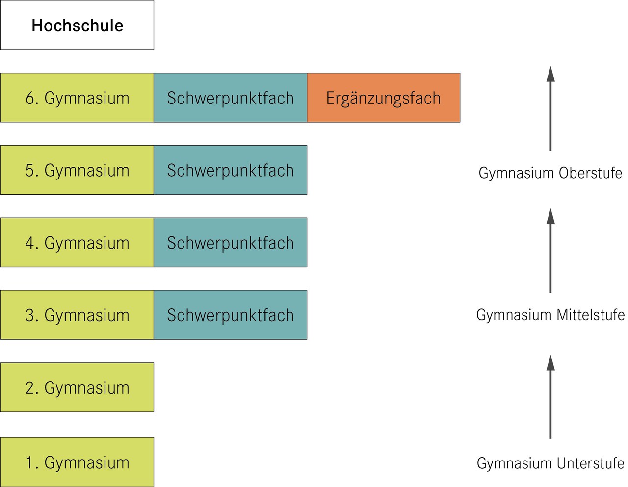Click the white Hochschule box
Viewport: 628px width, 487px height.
point(77,25)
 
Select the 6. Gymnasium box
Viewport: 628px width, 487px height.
point(77,98)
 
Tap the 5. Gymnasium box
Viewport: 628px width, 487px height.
point(77,170)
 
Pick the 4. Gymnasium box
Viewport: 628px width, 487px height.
point(77,243)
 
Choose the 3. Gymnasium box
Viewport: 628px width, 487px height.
point(77,315)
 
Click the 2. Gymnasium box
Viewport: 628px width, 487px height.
point(77,387)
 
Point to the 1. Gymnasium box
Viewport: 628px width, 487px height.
point(77,462)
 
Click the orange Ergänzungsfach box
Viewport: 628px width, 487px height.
point(383,98)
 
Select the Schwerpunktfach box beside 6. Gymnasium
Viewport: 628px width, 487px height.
point(230,98)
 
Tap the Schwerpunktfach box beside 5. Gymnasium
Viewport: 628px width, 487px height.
point(230,170)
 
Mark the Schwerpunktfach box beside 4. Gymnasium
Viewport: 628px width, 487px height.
point(230,243)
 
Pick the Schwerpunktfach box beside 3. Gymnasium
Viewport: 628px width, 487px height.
point(230,315)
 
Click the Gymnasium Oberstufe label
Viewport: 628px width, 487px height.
point(550,173)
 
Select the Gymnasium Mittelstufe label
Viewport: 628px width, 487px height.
point(550,314)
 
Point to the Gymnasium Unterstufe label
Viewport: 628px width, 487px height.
point(550,463)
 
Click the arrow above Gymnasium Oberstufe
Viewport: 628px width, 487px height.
point(550,108)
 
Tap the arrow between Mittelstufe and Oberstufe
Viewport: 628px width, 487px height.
point(550,251)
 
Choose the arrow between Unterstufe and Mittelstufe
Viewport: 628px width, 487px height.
point(550,397)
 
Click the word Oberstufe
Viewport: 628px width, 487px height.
point(590,173)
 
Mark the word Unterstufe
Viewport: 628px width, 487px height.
point(591,463)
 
